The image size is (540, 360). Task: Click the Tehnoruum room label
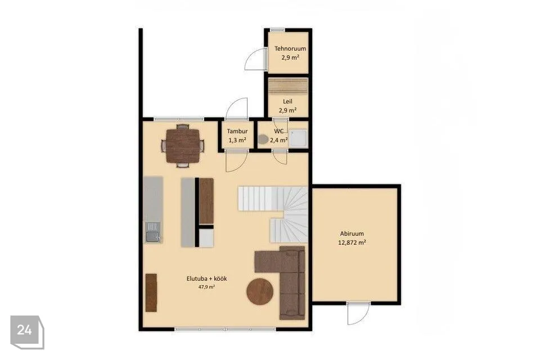pos(290,48)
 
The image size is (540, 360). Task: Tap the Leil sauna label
pos(287,101)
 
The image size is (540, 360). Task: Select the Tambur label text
pos(237,131)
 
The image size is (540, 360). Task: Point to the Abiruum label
pos(352,233)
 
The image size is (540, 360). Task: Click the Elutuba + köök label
pos(206,278)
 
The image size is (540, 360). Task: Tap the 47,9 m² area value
pos(206,287)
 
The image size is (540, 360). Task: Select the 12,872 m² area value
pos(352,242)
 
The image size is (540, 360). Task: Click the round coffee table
pos(260,292)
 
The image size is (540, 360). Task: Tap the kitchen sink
pos(152,232)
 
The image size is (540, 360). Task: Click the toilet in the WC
pos(263,139)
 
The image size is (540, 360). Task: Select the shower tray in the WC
pos(298,139)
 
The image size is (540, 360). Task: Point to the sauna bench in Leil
pos(288,85)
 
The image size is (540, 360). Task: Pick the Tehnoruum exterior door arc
pos(254,59)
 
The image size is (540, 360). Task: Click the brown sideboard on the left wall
pos(151,293)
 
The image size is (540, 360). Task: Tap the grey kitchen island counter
pos(188,212)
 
